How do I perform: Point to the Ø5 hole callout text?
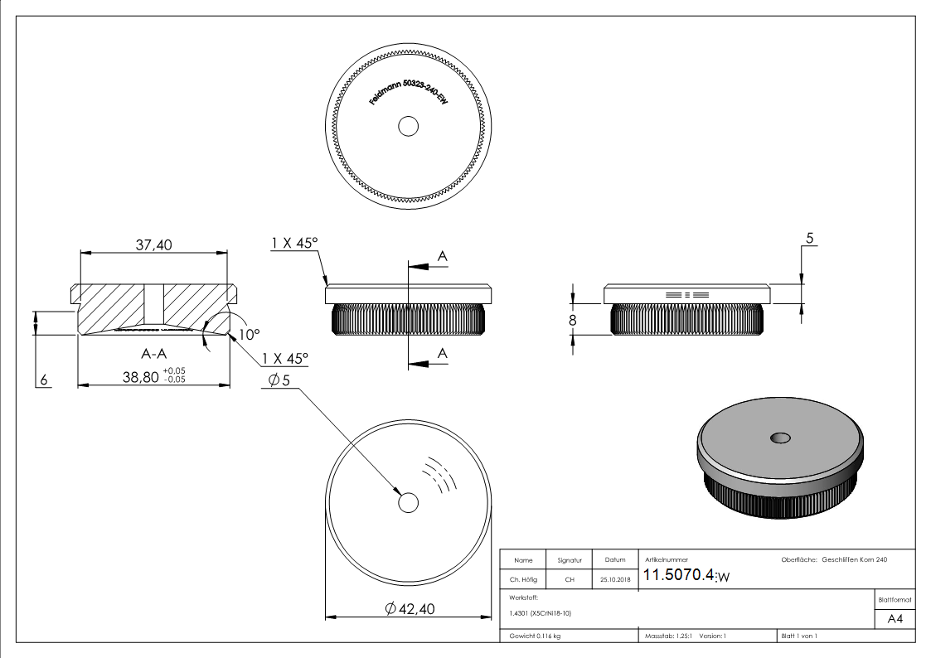click(280, 381)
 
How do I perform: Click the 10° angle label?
click(249, 334)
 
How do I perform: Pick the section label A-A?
click(154, 354)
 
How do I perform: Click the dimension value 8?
click(572, 319)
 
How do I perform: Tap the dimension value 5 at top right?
click(809, 239)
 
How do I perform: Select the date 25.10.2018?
click(614, 580)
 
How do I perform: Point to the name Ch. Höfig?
click(524, 580)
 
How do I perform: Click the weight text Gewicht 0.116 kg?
click(535, 636)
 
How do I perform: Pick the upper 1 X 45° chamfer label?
click(294, 243)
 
